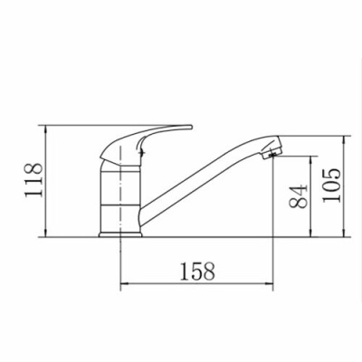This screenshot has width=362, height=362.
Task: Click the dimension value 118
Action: (33, 180)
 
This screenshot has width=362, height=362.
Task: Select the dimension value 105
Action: (331, 186)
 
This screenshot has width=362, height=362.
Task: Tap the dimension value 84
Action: (298, 196)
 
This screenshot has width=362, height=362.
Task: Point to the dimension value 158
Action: (197, 271)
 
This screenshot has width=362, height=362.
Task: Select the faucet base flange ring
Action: (120, 234)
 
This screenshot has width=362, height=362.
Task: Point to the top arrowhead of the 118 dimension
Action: (46, 129)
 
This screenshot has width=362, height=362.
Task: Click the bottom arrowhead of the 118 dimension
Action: (46, 233)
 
